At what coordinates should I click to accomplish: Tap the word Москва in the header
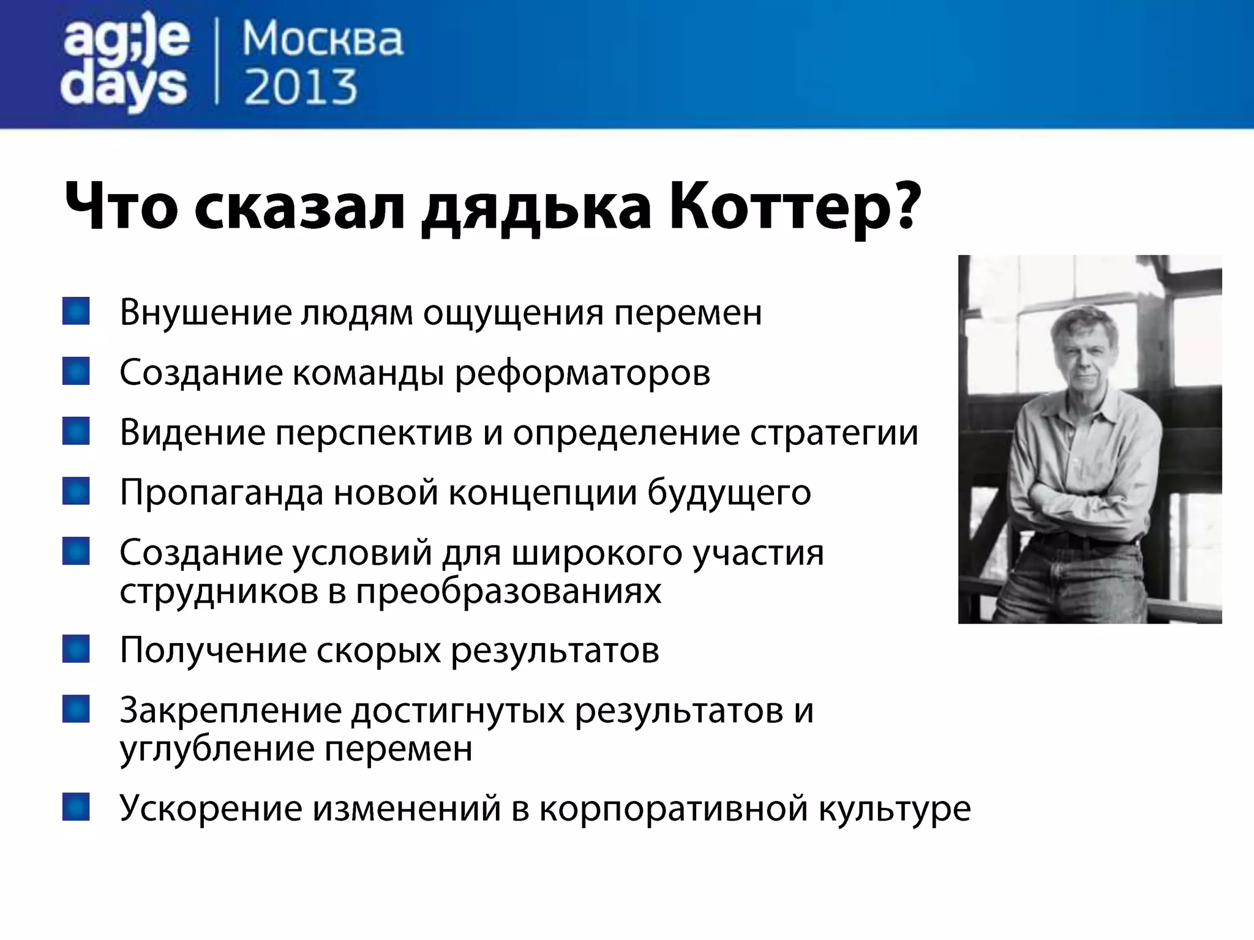323,40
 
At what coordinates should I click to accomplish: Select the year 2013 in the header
301,87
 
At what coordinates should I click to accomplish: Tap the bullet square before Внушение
76,311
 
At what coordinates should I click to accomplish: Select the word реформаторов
582,373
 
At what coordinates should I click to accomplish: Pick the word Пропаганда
221,493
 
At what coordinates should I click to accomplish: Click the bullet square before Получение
76,649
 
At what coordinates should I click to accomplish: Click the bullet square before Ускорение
76,807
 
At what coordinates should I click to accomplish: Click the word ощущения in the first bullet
513,313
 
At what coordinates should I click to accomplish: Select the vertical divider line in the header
217,61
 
